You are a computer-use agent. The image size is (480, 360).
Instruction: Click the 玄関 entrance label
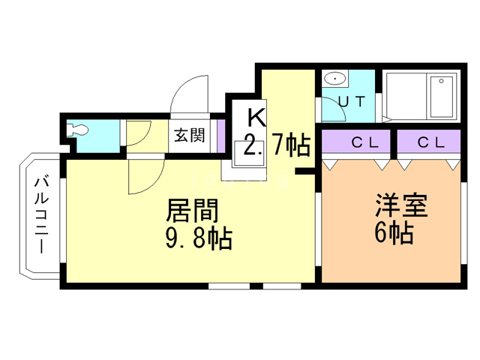[190, 135]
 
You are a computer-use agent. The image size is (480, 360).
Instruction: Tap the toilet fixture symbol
[77, 130]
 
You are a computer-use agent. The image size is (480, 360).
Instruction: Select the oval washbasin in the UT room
[335, 79]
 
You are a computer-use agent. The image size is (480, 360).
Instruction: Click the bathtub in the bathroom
[442, 97]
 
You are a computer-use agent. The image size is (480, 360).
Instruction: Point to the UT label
[352, 101]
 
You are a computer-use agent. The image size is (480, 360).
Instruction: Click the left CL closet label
[365, 142]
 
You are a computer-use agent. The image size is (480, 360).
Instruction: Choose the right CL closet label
[431, 142]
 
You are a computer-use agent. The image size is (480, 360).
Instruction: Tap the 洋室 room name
[401, 205]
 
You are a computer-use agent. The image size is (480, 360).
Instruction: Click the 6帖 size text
[394, 232]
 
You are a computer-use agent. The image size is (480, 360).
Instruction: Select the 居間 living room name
[192, 210]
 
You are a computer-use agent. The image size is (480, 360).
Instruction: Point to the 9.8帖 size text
[199, 238]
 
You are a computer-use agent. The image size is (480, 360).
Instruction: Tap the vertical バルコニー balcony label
[41, 215]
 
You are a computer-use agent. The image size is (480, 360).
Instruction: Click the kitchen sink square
[248, 154]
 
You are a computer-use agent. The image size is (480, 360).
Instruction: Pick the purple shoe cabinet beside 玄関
[221, 135]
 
